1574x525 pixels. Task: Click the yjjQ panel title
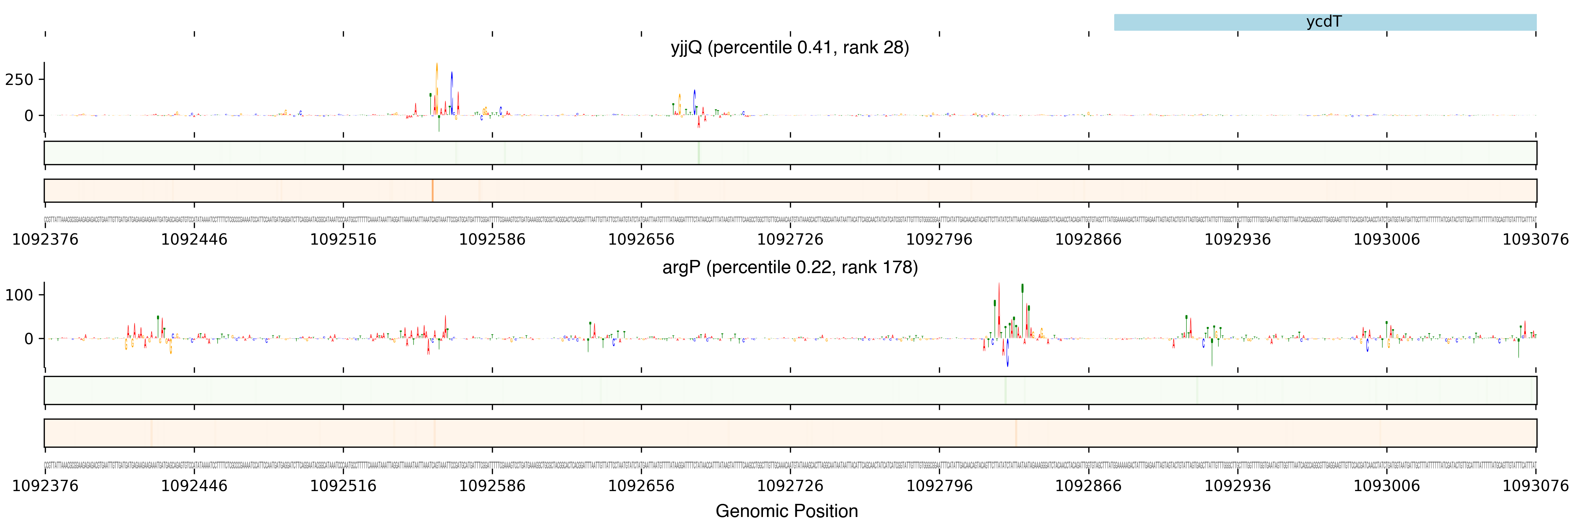click(790, 48)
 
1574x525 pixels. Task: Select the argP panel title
click(790, 267)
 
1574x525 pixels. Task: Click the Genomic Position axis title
click(786, 511)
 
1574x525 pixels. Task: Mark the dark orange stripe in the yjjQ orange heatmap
click(432, 191)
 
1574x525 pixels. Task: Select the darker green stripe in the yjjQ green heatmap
click(698, 153)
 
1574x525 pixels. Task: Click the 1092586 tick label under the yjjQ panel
click(492, 240)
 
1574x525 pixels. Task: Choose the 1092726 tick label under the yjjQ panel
click(790, 240)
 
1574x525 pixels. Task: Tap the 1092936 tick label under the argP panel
click(1237, 486)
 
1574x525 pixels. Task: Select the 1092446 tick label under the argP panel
click(194, 486)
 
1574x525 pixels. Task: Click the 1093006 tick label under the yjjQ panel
click(1386, 240)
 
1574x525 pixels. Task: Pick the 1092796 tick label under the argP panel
click(939, 486)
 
